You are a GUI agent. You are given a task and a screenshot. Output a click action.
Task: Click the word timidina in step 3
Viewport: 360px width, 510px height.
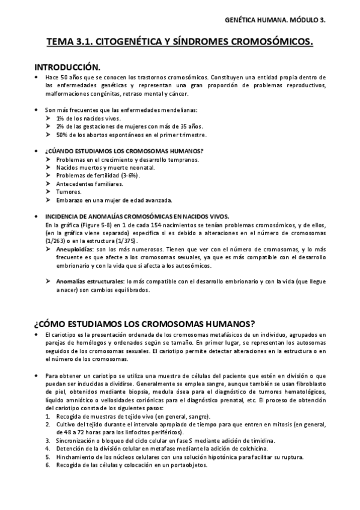pos(227,440)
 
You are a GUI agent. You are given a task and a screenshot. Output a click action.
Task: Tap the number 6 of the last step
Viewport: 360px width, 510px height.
pos(47,465)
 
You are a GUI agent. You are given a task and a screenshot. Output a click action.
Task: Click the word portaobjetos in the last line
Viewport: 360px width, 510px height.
pos(188,465)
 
